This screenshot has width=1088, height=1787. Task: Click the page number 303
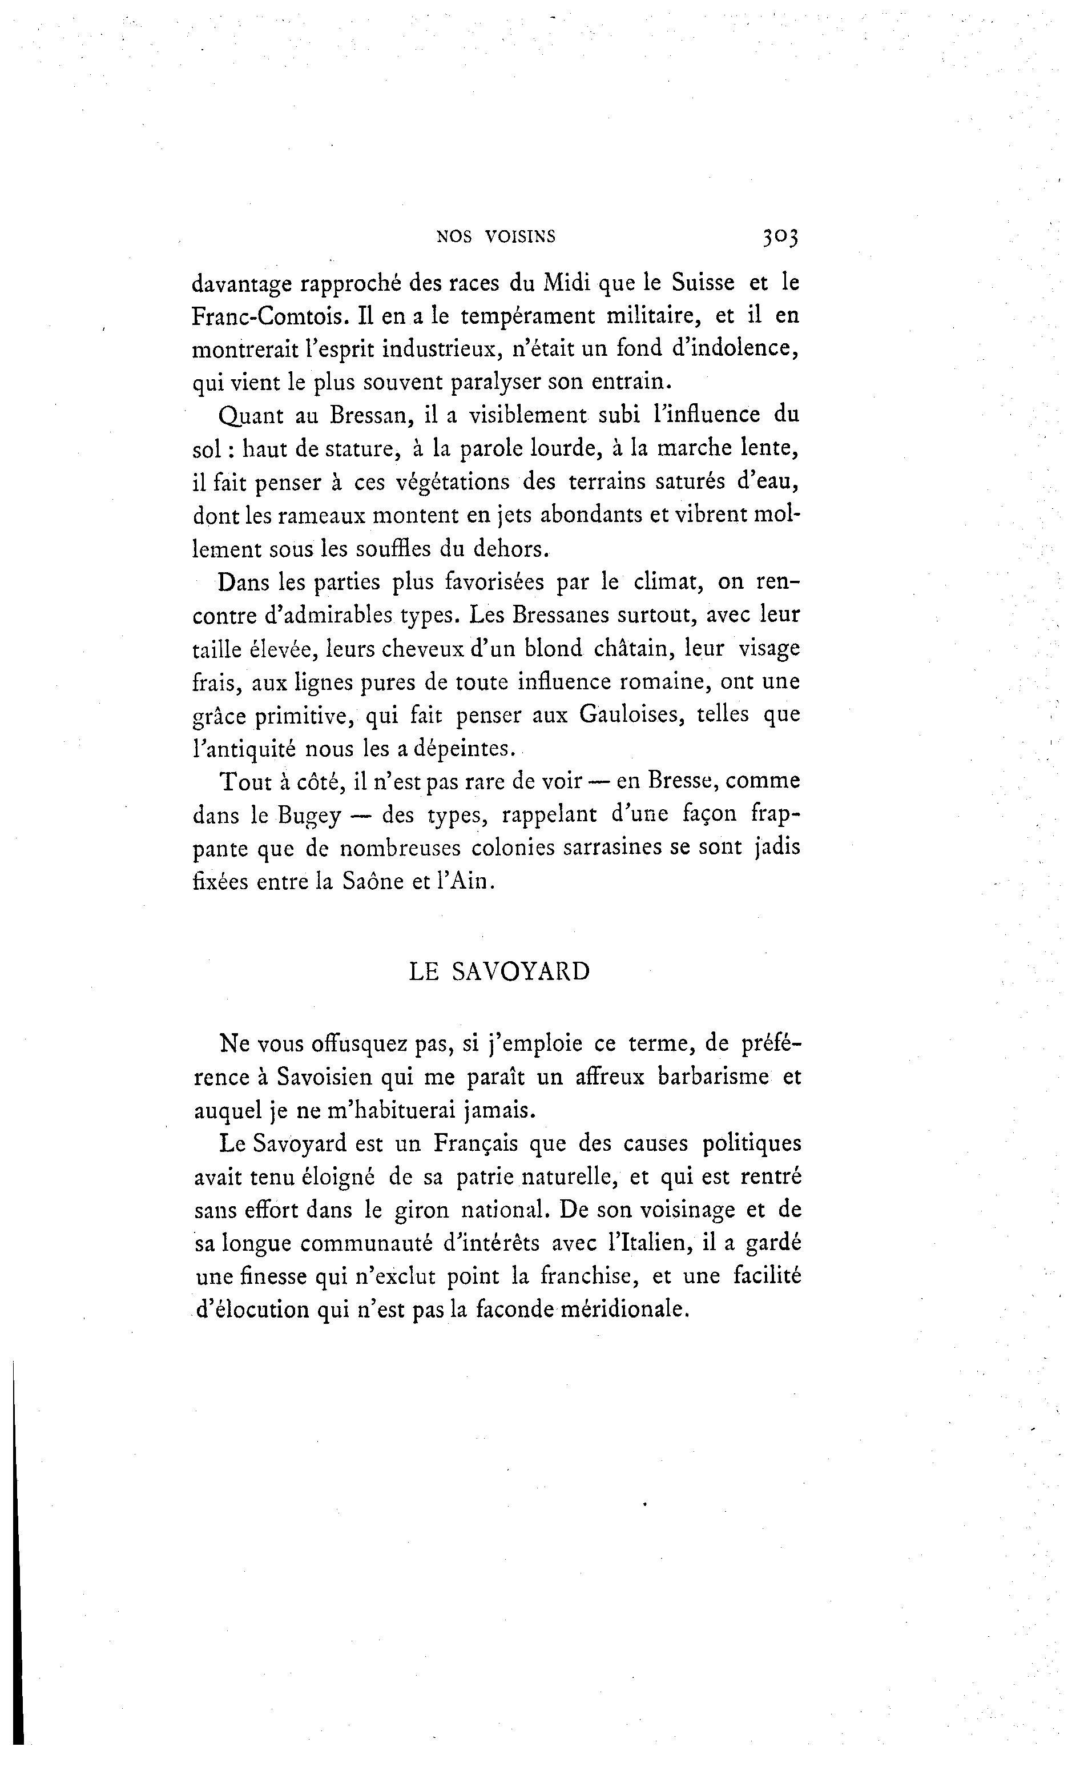coord(779,237)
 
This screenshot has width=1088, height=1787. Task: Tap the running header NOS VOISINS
coord(496,236)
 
